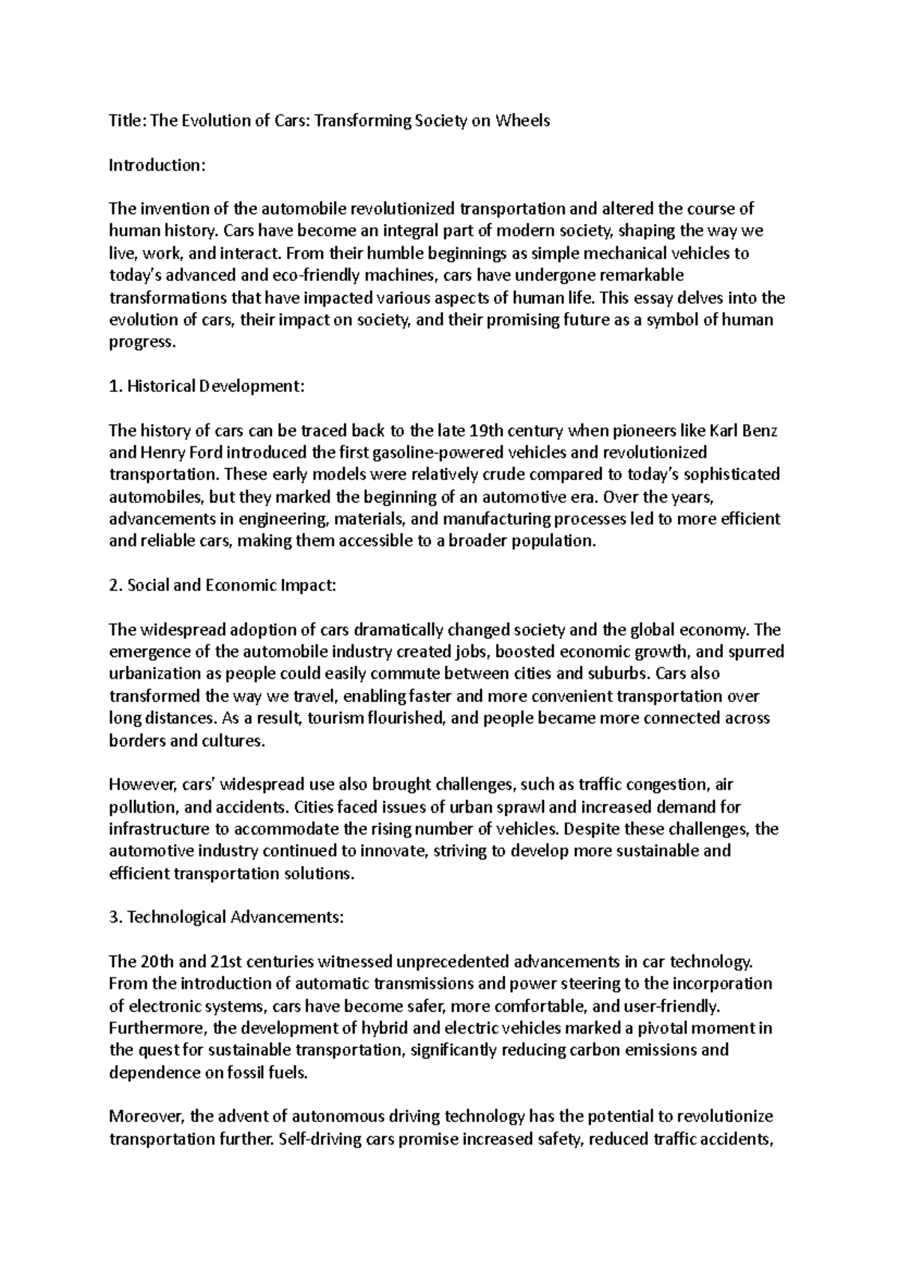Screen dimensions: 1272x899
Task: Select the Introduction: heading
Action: pyautogui.click(x=156, y=165)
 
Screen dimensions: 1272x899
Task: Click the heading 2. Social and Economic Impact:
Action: pyautogui.click(x=223, y=586)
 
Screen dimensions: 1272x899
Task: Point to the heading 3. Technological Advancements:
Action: pyautogui.click(x=226, y=918)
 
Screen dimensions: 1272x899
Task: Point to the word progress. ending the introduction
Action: pyautogui.click(x=142, y=342)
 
